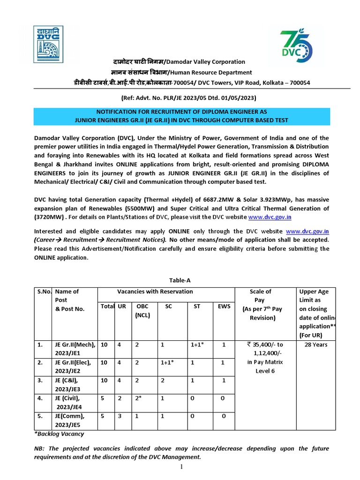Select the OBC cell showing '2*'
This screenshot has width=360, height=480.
point(141,398)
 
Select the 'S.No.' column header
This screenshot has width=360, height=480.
point(45,292)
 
